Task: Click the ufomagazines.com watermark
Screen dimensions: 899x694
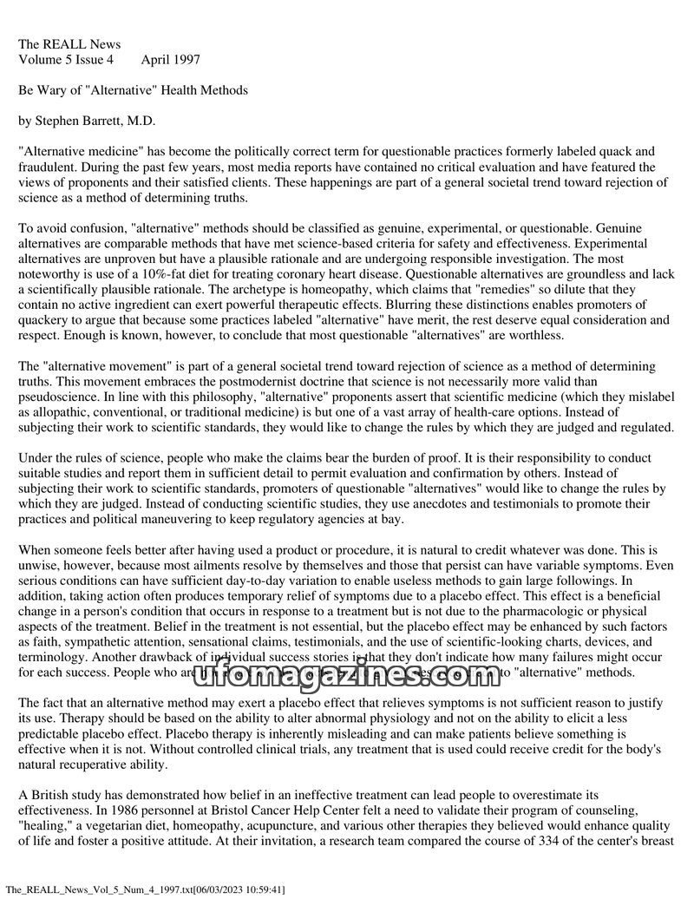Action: point(347,670)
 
